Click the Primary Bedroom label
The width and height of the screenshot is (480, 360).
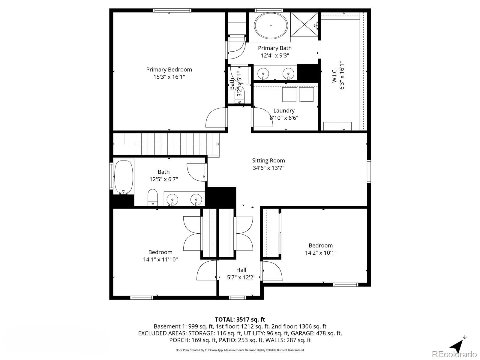click(x=169, y=70)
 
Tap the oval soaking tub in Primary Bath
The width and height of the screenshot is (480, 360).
click(x=271, y=25)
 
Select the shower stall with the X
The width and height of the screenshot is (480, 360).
click(x=304, y=25)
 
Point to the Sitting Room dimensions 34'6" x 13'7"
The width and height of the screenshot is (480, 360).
click(x=268, y=168)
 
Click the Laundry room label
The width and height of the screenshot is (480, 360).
click(x=284, y=111)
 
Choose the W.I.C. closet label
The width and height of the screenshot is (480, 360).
click(x=334, y=75)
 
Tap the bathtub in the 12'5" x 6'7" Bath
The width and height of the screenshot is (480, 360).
click(x=124, y=177)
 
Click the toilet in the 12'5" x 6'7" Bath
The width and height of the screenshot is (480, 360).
click(x=153, y=197)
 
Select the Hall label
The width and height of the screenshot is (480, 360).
click(x=241, y=270)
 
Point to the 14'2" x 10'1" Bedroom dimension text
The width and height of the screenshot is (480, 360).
click(x=321, y=253)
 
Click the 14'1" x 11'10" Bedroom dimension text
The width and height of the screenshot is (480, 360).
click(x=160, y=259)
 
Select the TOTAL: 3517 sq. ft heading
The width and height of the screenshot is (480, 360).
click(x=240, y=319)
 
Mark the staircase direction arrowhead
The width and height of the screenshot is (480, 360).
click(x=218, y=144)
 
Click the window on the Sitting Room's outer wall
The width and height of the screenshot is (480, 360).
click(x=369, y=171)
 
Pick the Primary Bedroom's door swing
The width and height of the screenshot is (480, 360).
click(x=215, y=117)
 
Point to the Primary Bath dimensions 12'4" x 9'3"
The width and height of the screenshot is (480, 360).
click(x=275, y=55)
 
